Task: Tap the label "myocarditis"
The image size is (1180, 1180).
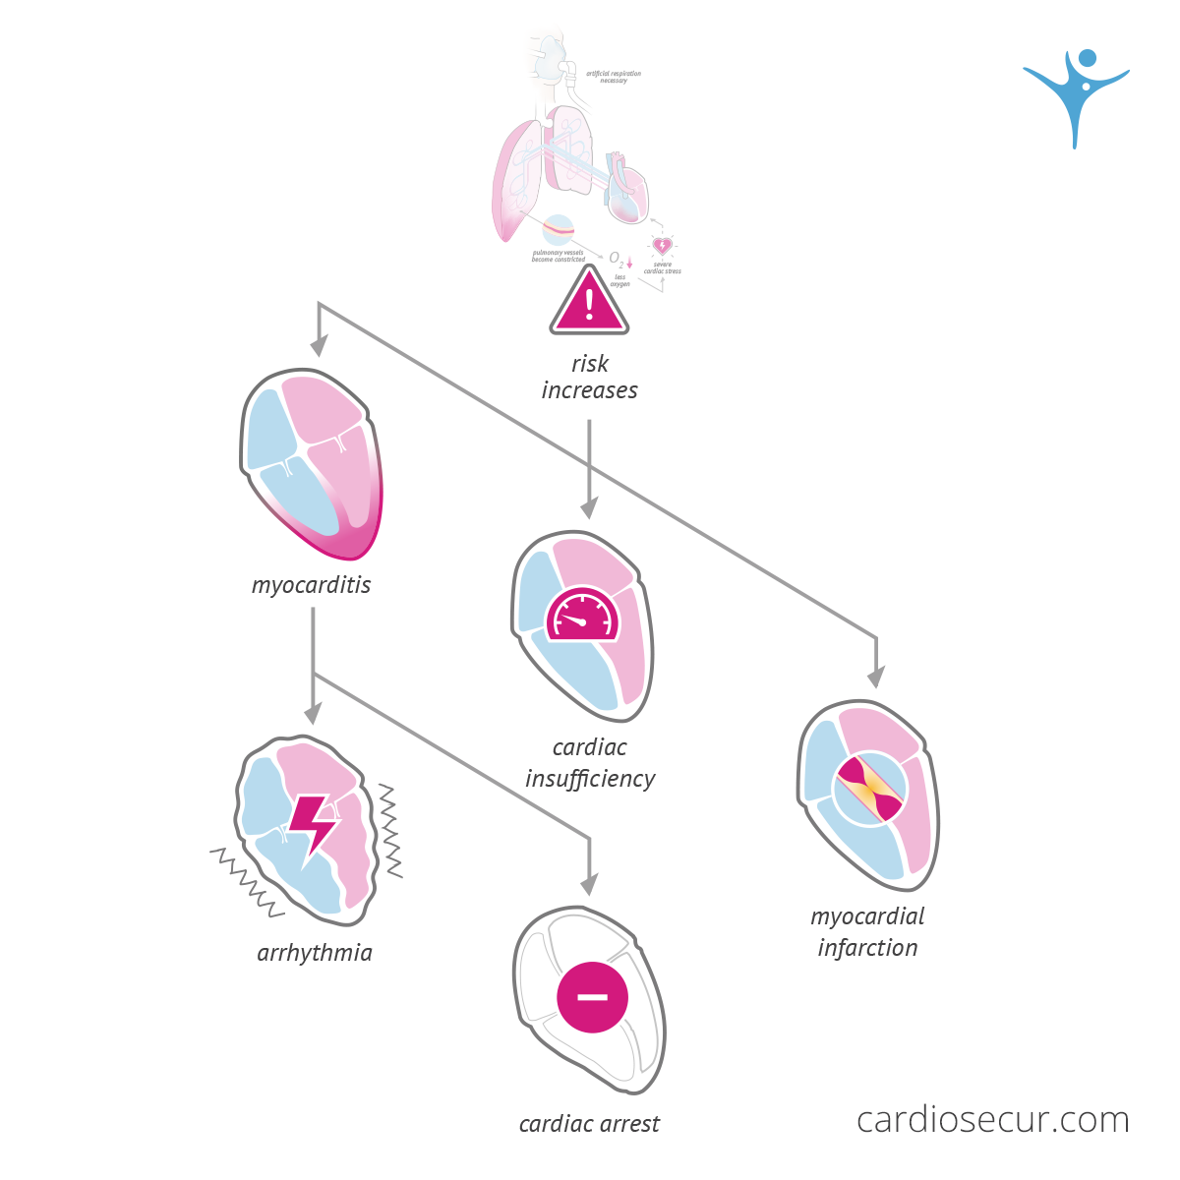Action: click(311, 585)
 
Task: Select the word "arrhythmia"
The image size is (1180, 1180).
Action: click(315, 953)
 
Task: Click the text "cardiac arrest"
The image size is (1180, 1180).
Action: click(589, 1124)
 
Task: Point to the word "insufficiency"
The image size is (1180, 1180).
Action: click(590, 779)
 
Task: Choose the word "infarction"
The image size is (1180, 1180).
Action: click(867, 948)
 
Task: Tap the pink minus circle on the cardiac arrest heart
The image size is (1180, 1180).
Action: click(592, 996)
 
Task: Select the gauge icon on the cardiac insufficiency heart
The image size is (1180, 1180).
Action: click(583, 617)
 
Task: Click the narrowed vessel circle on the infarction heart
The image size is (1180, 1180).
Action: click(868, 790)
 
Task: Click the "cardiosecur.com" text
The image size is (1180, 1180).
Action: click(992, 1119)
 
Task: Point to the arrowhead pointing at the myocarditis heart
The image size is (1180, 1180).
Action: click(318, 346)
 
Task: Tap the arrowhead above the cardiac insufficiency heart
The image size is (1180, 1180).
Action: click(589, 508)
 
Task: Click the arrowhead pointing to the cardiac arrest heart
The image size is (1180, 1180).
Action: click(589, 884)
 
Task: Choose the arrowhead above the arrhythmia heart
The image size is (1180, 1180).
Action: click(313, 714)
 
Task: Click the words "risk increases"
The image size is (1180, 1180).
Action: click(589, 377)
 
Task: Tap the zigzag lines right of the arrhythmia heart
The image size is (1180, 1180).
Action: click(390, 831)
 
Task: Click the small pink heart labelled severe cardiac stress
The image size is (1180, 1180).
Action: click(662, 245)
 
